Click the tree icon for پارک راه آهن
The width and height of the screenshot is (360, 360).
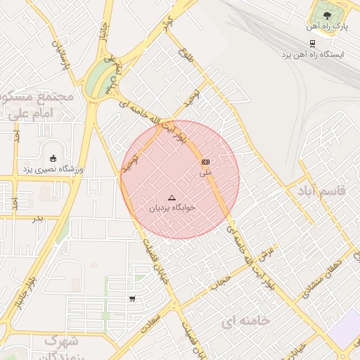(x=325, y=13)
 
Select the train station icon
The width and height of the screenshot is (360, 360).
(x=312, y=41)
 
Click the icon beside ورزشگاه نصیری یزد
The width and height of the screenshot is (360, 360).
(x=53, y=156)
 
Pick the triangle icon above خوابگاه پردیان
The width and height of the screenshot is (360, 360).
(x=172, y=198)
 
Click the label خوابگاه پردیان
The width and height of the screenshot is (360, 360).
(x=172, y=209)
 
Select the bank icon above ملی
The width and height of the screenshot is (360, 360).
(x=205, y=162)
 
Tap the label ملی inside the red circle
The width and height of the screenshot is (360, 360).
(x=205, y=172)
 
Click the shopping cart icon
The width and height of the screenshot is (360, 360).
(x=132, y=299)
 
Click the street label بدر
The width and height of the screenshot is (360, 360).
(x=39, y=219)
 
